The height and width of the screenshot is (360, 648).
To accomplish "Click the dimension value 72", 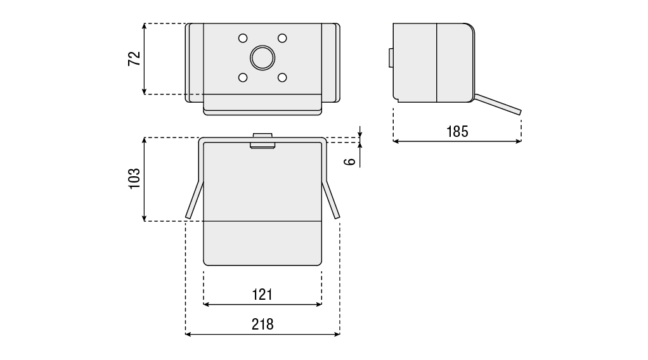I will point(134,58).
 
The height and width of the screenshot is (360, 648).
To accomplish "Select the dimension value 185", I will point(457,131).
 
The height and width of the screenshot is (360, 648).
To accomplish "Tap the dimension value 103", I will point(134,179).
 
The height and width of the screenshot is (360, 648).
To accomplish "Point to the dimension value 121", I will point(262,295).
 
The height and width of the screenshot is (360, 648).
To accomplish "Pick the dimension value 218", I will point(262,324).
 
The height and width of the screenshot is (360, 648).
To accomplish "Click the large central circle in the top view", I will point(262,58).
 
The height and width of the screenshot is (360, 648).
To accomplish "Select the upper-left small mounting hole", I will point(242,38).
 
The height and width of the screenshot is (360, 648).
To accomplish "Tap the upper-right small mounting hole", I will point(282,38).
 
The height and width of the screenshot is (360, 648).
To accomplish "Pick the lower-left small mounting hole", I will point(242,77).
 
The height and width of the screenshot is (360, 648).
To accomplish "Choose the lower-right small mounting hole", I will point(282,77).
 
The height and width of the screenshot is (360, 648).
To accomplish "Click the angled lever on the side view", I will point(498,105).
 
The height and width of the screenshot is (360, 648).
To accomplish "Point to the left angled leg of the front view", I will point(194,200).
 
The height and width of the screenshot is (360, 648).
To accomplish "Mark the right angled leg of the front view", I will point(332,200).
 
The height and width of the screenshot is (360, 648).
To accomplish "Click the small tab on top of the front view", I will point(262,136).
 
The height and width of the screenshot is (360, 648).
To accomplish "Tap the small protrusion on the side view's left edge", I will point(391,58).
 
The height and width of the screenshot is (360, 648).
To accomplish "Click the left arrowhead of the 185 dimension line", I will point(396,141).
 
